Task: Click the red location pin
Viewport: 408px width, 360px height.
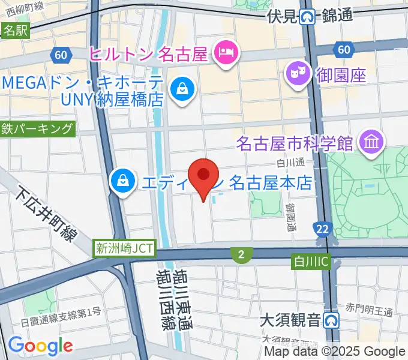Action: [203, 175]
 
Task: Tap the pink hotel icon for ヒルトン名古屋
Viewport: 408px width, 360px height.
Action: [227, 54]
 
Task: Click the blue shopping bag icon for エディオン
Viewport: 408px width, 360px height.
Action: [122, 179]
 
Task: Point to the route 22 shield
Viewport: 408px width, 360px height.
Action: [321, 228]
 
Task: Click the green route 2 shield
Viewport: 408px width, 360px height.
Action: [241, 256]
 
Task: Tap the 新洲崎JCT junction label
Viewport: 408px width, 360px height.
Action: [124, 248]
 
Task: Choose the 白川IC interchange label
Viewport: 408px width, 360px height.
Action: [311, 261]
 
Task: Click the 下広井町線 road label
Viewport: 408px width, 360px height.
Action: [45, 213]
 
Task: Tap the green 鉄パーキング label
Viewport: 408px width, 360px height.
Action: [38, 128]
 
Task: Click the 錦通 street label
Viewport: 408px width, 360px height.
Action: [337, 17]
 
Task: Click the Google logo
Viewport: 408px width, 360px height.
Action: [40, 346]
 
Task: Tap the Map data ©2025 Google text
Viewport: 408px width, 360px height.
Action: [335, 352]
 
